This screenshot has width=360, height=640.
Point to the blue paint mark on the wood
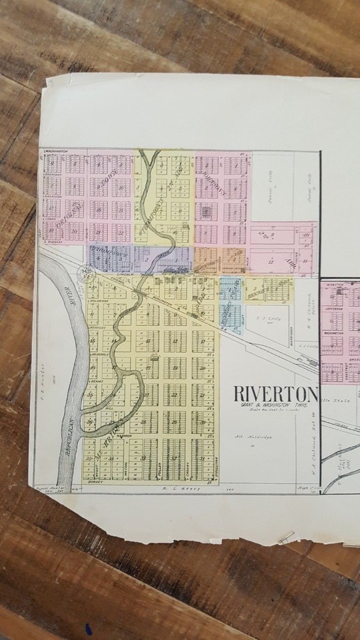coord(87,629)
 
